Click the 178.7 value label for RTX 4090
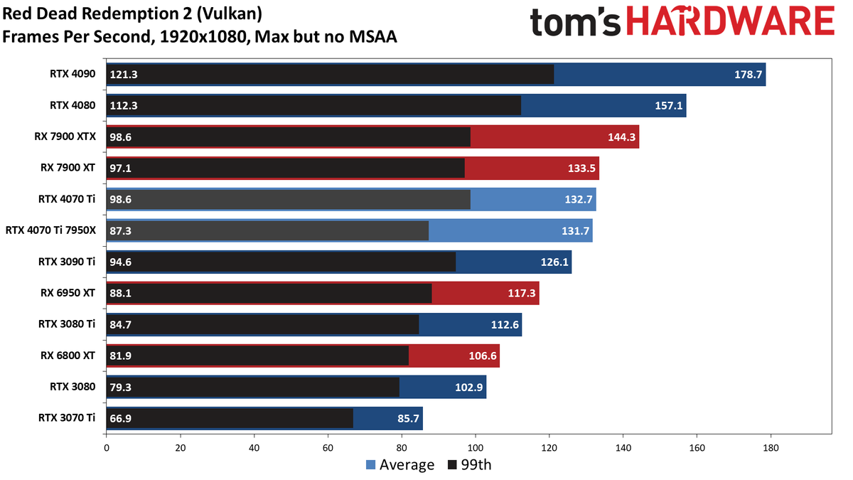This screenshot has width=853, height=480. point(748,74)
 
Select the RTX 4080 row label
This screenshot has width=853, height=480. point(73,105)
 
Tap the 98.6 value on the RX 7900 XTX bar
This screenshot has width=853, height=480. point(120,137)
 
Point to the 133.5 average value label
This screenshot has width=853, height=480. point(581,168)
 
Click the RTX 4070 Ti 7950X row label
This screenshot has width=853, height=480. point(50,230)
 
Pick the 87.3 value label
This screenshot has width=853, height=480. point(120,231)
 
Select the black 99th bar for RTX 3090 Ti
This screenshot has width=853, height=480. point(281,262)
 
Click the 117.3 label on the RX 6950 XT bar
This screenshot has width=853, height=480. point(521,293)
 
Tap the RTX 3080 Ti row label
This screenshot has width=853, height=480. point(67,324)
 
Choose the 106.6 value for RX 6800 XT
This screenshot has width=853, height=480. point(483,356)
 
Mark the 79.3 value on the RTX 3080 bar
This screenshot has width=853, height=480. point(120,387)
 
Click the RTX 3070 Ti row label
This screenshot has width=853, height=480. point(67,418)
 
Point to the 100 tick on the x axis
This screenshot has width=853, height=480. point(476,447)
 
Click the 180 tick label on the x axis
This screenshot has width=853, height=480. point(771,447)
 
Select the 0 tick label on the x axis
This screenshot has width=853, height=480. point(107,447)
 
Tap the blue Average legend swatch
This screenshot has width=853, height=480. point(370,465)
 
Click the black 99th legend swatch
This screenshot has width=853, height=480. point(452,465)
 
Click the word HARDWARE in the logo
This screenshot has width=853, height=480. point(731,21)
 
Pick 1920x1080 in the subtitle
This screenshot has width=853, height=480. point(204,37)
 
